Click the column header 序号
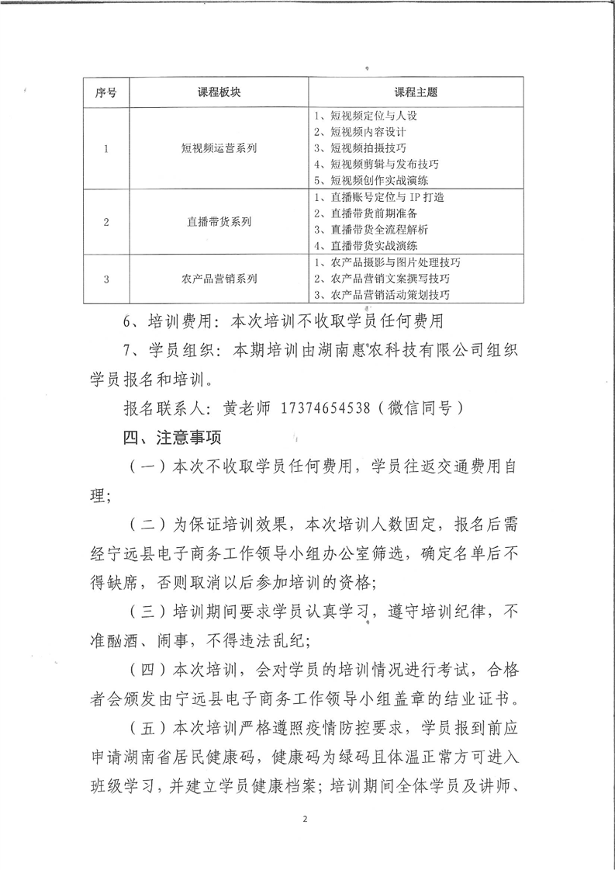[x=105, y=92]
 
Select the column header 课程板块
[x=219, y=92]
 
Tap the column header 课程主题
[x=415, y=92]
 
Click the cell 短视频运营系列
[x=219, y=147]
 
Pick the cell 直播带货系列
[x=219, y=221]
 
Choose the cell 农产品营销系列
[x=219, y=277]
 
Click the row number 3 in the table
[x=105, y=277]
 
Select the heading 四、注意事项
[x=166, y=438]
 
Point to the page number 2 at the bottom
[x=306, y=819]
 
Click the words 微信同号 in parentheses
[x=435, y=407]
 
